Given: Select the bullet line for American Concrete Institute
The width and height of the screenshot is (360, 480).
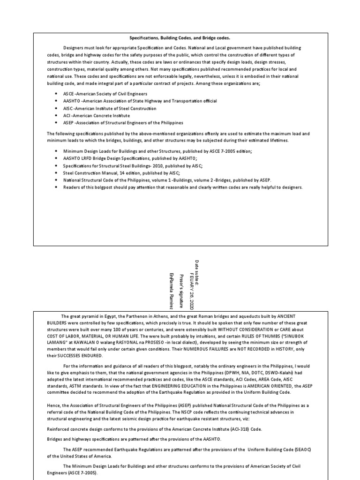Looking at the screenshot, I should [97, 115].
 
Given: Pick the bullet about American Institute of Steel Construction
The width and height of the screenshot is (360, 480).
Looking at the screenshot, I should [110, 108].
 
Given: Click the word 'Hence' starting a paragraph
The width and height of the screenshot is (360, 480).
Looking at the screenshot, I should [53, 405].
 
